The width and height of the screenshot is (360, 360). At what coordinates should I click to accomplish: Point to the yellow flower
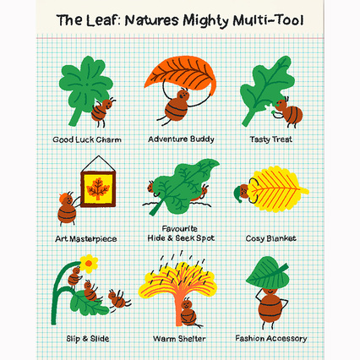[x=89, y=264]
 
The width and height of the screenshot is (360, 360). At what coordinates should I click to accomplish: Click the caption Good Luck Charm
[x=87, y=139]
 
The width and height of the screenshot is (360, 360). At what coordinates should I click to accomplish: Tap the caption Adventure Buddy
[x=181, y=139]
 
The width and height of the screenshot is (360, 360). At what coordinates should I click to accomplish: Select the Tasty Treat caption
[x=271, y=139]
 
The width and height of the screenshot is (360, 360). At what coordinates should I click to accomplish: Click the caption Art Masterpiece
[x=86, y=239]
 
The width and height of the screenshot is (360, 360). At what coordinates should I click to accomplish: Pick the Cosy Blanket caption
[x=270, y=238]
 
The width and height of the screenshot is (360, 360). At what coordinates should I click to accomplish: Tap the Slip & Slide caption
[x=88, y=338]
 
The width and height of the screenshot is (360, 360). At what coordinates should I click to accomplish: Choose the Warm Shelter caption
[x=179, y=338]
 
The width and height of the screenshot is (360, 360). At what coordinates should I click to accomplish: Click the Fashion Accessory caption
[x=271, y=338]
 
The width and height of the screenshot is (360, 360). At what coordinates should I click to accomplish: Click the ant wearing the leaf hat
[x=270, y=306]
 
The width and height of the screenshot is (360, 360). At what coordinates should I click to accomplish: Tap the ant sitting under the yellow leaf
[x=188, y=313]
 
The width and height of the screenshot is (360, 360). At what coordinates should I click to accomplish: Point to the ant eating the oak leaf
[x=287, y=112]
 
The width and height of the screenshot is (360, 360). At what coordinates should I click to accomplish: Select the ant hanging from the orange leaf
[x=177, y=105]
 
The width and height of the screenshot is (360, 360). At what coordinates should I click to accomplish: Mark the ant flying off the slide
[x=118, y=299]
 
